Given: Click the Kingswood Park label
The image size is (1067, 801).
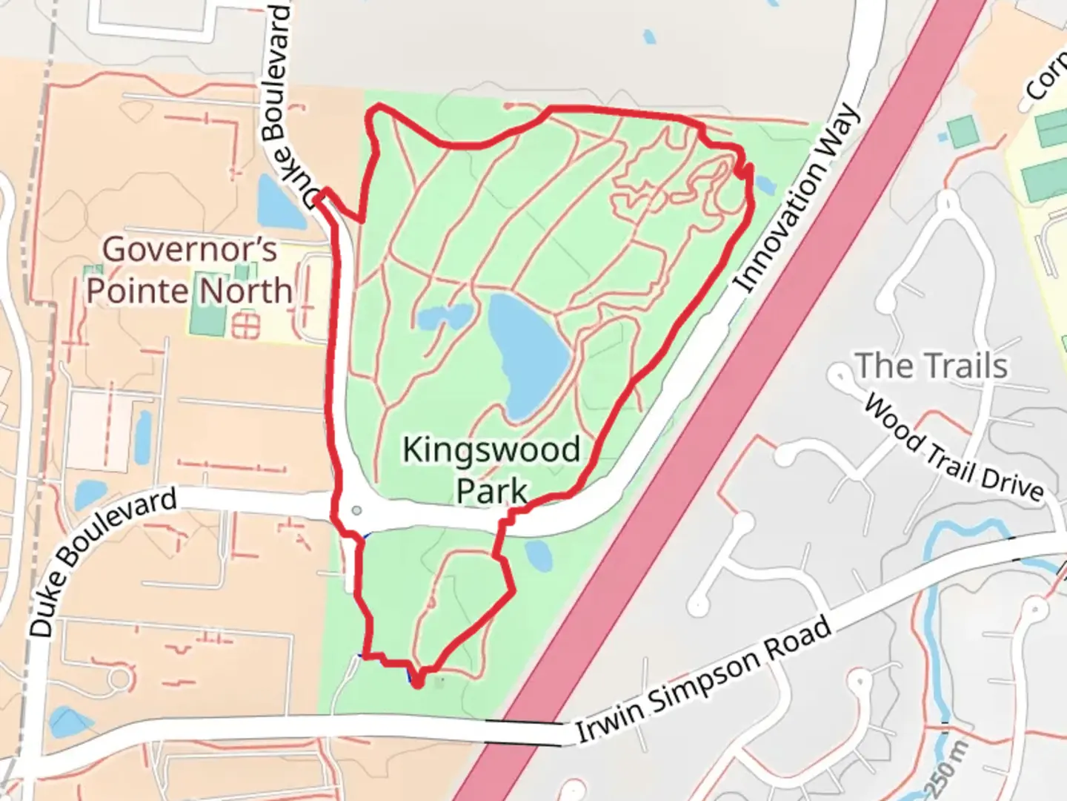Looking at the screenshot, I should point(491,470).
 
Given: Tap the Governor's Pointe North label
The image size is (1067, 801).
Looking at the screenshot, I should point(189,270).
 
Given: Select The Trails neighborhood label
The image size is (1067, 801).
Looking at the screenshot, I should point(931,366).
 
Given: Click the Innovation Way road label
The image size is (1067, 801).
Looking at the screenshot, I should point(800,199).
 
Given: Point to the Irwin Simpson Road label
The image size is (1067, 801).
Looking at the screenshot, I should point(704,681).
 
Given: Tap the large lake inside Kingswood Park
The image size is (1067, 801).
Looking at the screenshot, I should point(528,355).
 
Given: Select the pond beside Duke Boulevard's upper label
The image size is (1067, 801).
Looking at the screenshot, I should point(279,201).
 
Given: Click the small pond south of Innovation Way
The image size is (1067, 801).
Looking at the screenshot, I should point(538,554).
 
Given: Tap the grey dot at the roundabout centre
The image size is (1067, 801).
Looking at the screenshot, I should point(357,510).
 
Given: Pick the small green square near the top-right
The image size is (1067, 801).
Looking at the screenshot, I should point(962,131).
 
